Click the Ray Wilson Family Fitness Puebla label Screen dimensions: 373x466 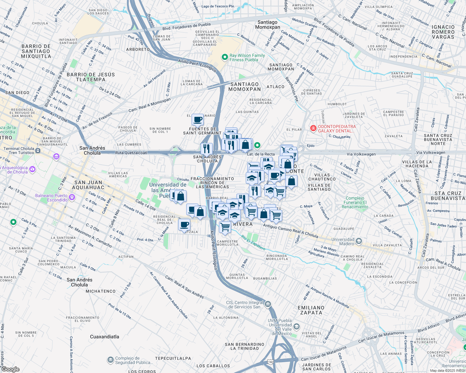click(x=247, y=58)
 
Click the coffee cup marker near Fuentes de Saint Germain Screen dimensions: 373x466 click(x=197, y=119)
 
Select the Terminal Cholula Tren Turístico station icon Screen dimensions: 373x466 click(x=38, y=151)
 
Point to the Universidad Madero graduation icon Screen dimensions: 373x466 click(x=359, y=241)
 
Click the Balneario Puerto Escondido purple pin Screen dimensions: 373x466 click(x=72, y=197)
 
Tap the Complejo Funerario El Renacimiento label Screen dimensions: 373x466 click(x=355, y=202)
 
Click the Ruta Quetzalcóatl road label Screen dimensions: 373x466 click(x=131, y=153)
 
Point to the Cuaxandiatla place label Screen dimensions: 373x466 click(x=104, y=337)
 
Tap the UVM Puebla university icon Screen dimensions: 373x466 click(x=297, y=326)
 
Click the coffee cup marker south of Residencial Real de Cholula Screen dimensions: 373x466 click(x=184, y=224)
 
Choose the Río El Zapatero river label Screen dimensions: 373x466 click(x=253, y=243)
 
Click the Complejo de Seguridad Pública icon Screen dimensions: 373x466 click(x=110, y=360)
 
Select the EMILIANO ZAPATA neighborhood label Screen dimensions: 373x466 click(x=311, y=310)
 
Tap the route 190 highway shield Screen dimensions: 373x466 click(x=270, y=362)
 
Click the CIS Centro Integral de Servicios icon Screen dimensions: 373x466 click(x=268, y=304)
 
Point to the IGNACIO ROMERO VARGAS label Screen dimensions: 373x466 click(x=443, y=32)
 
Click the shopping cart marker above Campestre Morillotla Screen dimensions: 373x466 click(x=225, y=227)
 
